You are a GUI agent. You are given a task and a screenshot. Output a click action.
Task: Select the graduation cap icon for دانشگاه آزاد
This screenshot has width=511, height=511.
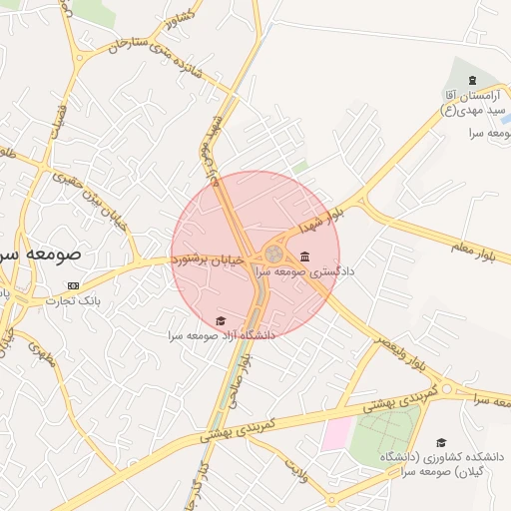click(220, 320)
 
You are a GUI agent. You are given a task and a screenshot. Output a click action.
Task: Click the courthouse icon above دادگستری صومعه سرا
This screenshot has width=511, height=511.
click(303, 255)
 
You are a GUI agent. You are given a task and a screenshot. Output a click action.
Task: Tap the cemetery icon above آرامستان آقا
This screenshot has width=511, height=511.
click(471, 80)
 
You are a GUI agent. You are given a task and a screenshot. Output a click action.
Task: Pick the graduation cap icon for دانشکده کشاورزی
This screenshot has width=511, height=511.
click(440, 442)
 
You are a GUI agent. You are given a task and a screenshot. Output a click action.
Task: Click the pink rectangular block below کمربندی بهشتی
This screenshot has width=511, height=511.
click(336, 434)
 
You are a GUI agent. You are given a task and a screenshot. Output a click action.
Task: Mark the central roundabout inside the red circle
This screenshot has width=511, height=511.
click(272, 254)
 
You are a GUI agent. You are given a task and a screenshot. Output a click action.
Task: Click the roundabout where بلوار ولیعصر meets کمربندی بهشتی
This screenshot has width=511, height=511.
click(446, 388)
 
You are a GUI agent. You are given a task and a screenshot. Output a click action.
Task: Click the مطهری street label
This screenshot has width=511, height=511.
click(40, 353)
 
